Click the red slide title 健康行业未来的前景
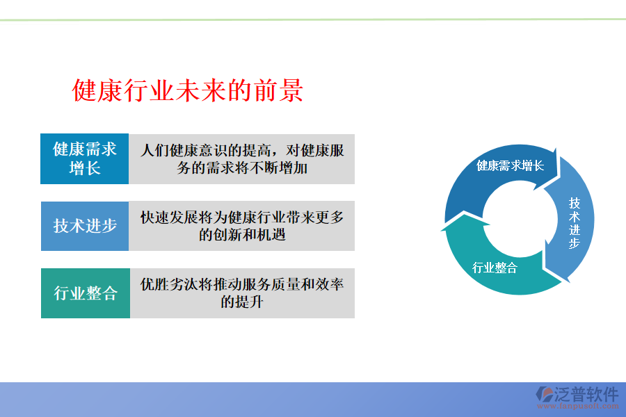coord(188,91)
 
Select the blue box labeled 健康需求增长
coord(85,158)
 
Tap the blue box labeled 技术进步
coord(85,226)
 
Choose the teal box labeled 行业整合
coord(85,293)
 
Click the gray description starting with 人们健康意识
coord(242,158)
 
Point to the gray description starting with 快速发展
coord(242,226)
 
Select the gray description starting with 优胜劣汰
coord(242,293)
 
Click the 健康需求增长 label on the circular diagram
coord(510,166)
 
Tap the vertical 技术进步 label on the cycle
coord(575,222)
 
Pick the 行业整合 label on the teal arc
coord(495,268)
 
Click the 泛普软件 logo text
coord(586,394)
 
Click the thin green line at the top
coord(313,19)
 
